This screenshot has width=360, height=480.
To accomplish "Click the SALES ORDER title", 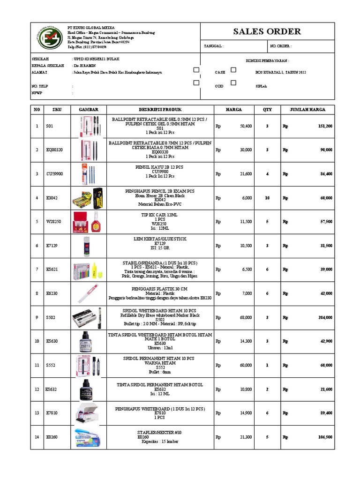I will [267, 32].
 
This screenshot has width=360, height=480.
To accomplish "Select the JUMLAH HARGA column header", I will [307, 109].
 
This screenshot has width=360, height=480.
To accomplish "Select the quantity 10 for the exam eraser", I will [267, 198].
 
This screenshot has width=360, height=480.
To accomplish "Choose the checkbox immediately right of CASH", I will [233, 70].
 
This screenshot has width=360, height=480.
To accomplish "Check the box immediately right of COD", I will [233, 83].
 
